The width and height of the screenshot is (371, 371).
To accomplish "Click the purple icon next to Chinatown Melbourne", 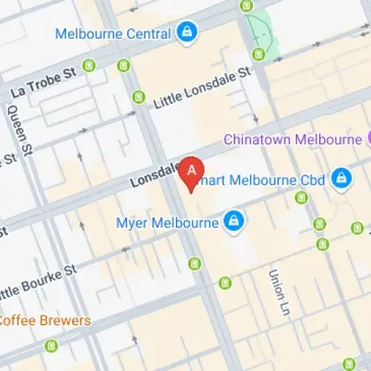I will tap(367, 139).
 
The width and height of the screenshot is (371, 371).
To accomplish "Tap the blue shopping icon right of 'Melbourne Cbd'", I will tap(341, 177).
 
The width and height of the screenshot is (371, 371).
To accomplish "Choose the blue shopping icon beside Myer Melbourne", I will tap(234, 220).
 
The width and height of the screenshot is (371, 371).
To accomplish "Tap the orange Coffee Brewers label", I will tap(45, 321).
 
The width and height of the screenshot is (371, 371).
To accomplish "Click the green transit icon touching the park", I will tap(258, 53).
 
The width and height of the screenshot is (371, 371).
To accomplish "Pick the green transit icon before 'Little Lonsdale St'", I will tap(138, 96).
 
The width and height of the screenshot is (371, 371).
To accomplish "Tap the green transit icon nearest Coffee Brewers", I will tap(50, 345).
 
